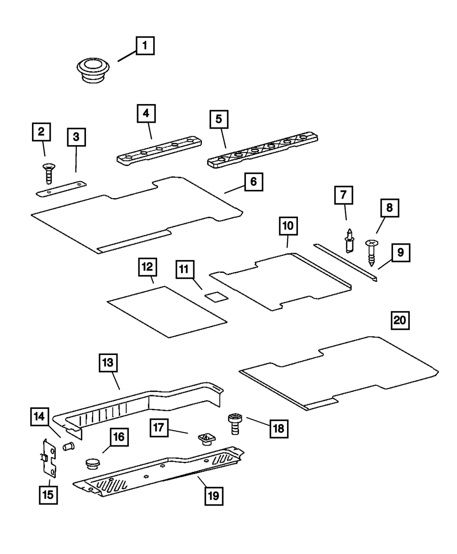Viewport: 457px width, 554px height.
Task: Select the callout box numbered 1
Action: tap(144, 46)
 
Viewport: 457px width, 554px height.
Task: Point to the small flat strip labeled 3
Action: tap(61, 188)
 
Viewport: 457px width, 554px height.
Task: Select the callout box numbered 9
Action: tap(400, 252)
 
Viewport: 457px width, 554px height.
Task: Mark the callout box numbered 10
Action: tap(288, 226)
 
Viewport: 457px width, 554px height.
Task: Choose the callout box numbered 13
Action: tap(109, 363)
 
